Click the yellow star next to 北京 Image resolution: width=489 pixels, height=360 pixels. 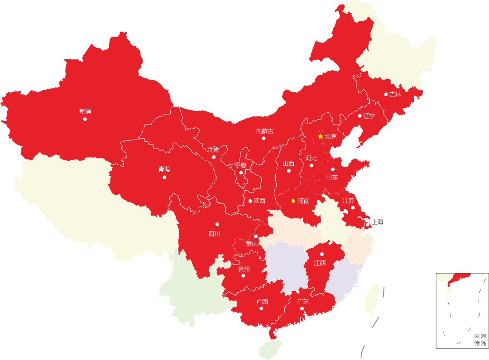(x=320, y=136)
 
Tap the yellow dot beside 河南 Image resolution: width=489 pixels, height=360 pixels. (x=293, y=201)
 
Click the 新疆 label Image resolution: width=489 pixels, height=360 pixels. (x=85, y=111)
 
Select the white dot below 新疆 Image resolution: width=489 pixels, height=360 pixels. (x=85, y=119)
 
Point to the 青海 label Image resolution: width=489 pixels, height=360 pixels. (x=164, y=169)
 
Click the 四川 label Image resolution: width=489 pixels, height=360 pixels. (x=214, y=234)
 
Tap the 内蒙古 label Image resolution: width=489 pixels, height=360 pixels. (x=265, y=131)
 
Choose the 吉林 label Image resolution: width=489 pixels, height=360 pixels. (x=395, y=94)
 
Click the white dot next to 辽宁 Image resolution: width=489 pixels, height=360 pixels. (x=360, y=116)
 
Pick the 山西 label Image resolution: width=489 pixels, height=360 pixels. (x=288, y=163)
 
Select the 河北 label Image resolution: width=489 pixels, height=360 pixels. (x=311, y=158)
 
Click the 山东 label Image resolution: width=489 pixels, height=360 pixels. (x=332, y=177)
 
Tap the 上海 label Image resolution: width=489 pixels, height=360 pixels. (x=378, y=222)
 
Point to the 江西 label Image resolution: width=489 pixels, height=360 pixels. (x=320, y=263)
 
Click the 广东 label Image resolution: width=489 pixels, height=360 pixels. (x=303, y=301)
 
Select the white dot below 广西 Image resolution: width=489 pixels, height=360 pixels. (x=261, y=309)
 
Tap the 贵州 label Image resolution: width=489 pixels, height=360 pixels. (x=244, y=269)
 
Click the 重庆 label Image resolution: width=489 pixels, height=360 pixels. (x=252, y=244)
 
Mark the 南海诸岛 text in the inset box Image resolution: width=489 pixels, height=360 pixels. (x=480, y=340)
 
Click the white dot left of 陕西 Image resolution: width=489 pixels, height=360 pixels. (x=250, y=201)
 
